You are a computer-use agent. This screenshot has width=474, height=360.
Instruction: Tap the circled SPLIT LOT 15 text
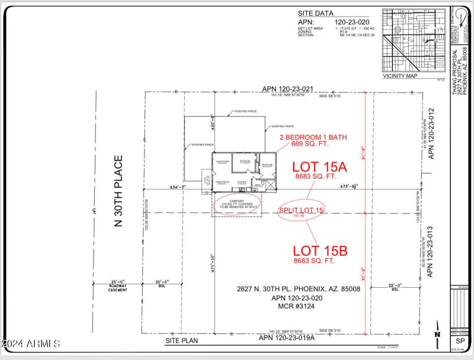coord(301,211)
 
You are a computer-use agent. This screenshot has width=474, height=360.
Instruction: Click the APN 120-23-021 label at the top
coord(287,89)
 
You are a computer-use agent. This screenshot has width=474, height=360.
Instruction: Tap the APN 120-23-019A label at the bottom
coord(287,337)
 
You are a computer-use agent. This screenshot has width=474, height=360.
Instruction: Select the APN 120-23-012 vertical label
coord(431,131)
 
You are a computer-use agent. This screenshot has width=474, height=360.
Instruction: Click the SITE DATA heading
coord(315,12)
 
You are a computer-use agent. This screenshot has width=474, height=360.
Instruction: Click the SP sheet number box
coord(459,342)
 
